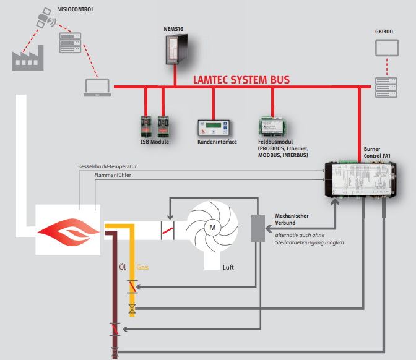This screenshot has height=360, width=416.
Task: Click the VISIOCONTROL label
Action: (x=76, y=10)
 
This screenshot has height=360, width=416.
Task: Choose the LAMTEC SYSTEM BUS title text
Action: (x=241, y=80)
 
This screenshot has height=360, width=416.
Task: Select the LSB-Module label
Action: (x=154, y=142)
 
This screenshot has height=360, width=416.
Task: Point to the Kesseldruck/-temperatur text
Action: (x=107, y=167)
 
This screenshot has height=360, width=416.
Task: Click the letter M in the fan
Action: (x=212, y=227)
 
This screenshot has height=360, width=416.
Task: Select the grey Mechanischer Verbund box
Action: (x=258, y=228)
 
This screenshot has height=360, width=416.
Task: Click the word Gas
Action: (x=142, y=268)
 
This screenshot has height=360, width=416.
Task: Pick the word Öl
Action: (x=122, y=268)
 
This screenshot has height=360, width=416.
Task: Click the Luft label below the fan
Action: (x=230, y=267)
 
